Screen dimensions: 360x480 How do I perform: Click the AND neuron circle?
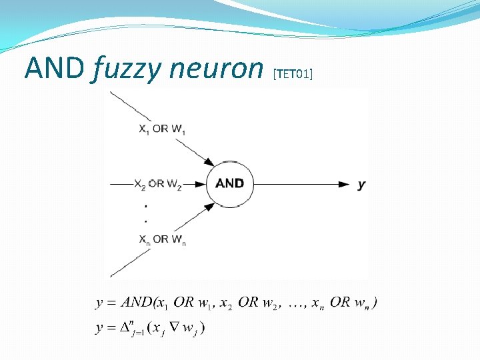coord(230,183)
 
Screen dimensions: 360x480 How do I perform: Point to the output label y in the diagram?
coord(361,184)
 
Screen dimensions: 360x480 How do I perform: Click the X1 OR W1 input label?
coord(162,129)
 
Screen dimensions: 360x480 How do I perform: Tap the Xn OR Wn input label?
coord(162,239)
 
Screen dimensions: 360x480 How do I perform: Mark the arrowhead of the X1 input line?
coord(209,163)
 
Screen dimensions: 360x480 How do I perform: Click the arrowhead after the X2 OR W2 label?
coord(198,184)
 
